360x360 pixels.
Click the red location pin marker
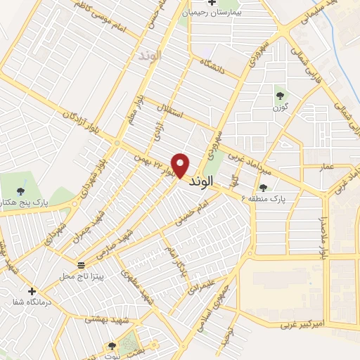click(181, 165)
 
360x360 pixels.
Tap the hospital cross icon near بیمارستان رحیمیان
click(193, 3)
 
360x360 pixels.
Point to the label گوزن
click(281, 108)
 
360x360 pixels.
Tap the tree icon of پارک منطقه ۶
click(263, 187)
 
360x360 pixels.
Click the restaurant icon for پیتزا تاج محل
click(82, 265)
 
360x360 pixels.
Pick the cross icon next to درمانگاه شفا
click(32, 290)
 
